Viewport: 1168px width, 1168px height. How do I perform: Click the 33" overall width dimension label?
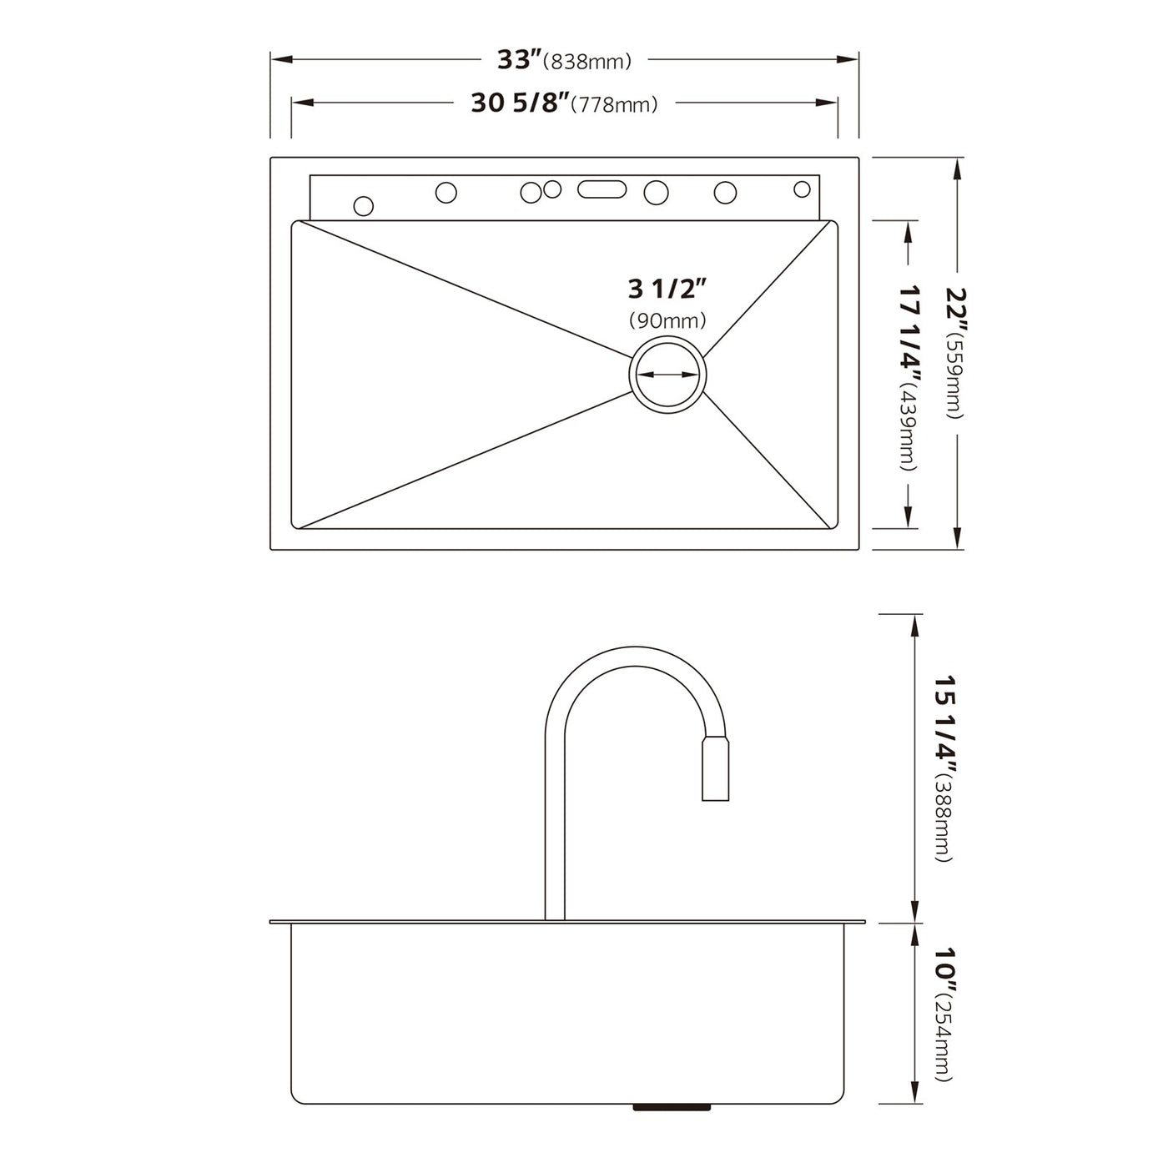(x=519, y=60)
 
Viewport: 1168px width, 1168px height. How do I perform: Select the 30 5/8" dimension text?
(x=520, y=103)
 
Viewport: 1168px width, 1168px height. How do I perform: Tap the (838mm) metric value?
(x=587, y=62)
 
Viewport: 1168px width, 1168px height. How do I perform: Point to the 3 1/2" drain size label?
(x=667, y=289)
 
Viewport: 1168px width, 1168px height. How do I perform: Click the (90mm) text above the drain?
(x=667, y=320)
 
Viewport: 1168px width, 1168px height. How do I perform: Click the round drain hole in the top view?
(x=667, y=375)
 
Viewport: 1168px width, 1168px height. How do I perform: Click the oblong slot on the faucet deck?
(x=602, y=189)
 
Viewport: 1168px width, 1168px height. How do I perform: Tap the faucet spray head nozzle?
(x=715, y=769)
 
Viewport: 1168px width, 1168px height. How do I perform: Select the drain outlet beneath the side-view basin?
(x=672, y=1107)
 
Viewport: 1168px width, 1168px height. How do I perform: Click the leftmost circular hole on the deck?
(x=364, y=205)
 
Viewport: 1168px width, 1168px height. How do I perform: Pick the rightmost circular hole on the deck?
(x=802, y=189)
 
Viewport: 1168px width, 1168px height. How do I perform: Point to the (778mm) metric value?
(x=618, y=105)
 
